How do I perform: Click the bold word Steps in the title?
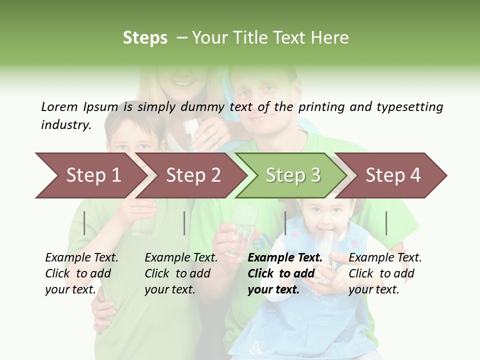(x=145, y=38)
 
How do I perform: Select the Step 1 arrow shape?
(x=90, y=175)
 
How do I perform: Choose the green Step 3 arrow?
(x=292, y=175)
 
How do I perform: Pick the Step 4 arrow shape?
(x=393, y=175)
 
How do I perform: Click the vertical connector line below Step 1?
(x=84, y=223)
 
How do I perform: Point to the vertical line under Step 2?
(x=184, y=223)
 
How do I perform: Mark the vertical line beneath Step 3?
(x=285, y=223)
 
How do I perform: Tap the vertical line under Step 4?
(x=386, y=223)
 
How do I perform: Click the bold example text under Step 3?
(x=284, y=273)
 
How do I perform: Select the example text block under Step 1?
(x=81, y=273)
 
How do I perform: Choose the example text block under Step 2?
(x=181, y=273)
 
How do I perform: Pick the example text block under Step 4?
(x=385, y=273)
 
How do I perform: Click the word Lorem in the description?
(x=59, y=107)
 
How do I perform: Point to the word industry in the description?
(x=66, y=125)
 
